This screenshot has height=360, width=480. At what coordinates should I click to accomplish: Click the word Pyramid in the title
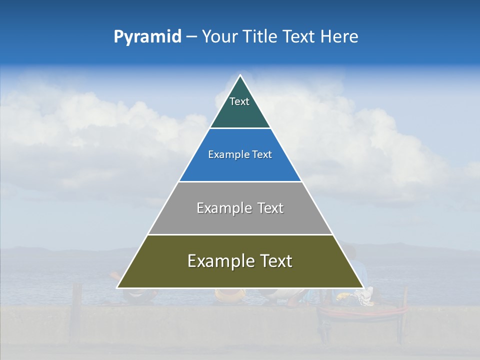pos(147,37)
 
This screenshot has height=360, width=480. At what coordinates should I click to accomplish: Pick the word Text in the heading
pos(299,37)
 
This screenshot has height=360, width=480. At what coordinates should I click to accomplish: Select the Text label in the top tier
pos(239,101)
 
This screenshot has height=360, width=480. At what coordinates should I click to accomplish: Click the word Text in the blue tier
pos(262,155)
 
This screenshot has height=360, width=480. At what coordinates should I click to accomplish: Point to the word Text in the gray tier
pos(271,208)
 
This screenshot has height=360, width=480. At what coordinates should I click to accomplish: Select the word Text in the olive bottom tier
pos(275,261)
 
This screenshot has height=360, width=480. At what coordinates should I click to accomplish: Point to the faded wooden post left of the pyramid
pos(76,300)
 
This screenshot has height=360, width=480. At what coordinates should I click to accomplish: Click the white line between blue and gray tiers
pos(240,181)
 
